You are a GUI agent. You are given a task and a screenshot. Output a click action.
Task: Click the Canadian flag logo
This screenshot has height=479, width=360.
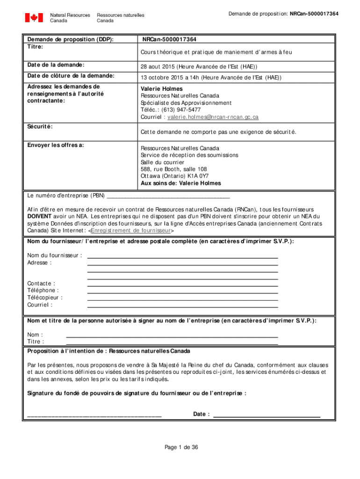pyautogui.click(x=34, y=18)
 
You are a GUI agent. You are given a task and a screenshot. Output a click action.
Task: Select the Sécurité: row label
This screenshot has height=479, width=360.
pyautogui.click(x=40, y=127)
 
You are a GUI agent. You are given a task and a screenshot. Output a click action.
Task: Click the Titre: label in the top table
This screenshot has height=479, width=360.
pyautogui.click(x=35, y=47)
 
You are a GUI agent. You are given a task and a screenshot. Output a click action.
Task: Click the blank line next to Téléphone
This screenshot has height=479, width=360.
pyautogui.click(x=182, y=290)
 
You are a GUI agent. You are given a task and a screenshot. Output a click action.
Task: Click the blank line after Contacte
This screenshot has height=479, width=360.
pyautogui.click(x=182, y=283)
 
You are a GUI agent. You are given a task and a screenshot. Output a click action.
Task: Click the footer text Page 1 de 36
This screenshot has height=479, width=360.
pyautogui.click(x=181, y=448)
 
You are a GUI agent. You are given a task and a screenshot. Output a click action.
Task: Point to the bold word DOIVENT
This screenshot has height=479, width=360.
pyautogui.click(x=39, y=217)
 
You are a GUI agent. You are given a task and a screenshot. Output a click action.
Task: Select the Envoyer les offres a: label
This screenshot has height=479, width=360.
pyautogui.click(x=56, y=145)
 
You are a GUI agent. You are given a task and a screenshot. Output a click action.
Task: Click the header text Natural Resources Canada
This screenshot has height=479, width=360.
pyautogui.click(x=70, y=18)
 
